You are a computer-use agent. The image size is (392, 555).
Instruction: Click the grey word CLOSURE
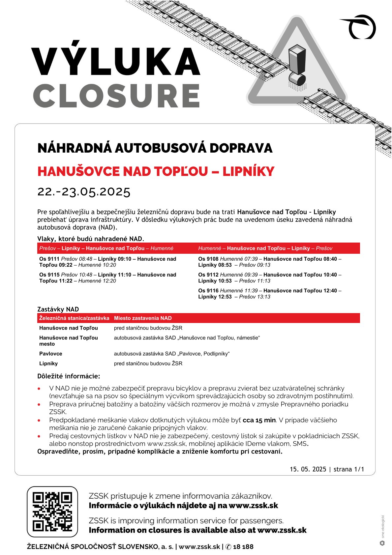[x=117, y=96]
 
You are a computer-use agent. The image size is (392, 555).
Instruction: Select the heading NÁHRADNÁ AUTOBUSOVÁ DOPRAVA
[x=155, y=148]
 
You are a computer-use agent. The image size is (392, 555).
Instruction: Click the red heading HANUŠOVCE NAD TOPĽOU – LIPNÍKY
[x=156, y=171]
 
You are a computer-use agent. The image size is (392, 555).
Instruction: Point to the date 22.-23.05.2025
[x=84, y=191]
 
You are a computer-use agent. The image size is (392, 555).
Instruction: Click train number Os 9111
[x=49, y=259]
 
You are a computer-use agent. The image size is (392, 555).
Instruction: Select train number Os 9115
[x=49, y=275]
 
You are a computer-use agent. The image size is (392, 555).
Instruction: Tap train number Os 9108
[x=208, y=259]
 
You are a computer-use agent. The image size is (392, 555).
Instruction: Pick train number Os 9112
[x=208, y=275]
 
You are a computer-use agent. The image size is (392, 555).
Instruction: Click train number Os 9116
[x=208, y=291]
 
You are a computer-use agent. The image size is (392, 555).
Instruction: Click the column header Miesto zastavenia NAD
[x=143, y=318]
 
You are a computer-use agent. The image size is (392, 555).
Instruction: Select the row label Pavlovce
[x=51, y=354]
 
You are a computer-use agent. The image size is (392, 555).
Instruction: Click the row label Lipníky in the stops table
[x=48, y=364]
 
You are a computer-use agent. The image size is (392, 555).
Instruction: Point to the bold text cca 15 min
[x=259, y=420]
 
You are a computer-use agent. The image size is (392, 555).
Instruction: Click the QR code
[x=52, y=511]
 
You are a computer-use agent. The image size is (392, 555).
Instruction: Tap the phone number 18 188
[x=243, y=547]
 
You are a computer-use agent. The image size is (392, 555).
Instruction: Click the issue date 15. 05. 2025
[x=308, y=469]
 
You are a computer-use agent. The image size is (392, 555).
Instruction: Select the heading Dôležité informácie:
[x=69, y=376]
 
